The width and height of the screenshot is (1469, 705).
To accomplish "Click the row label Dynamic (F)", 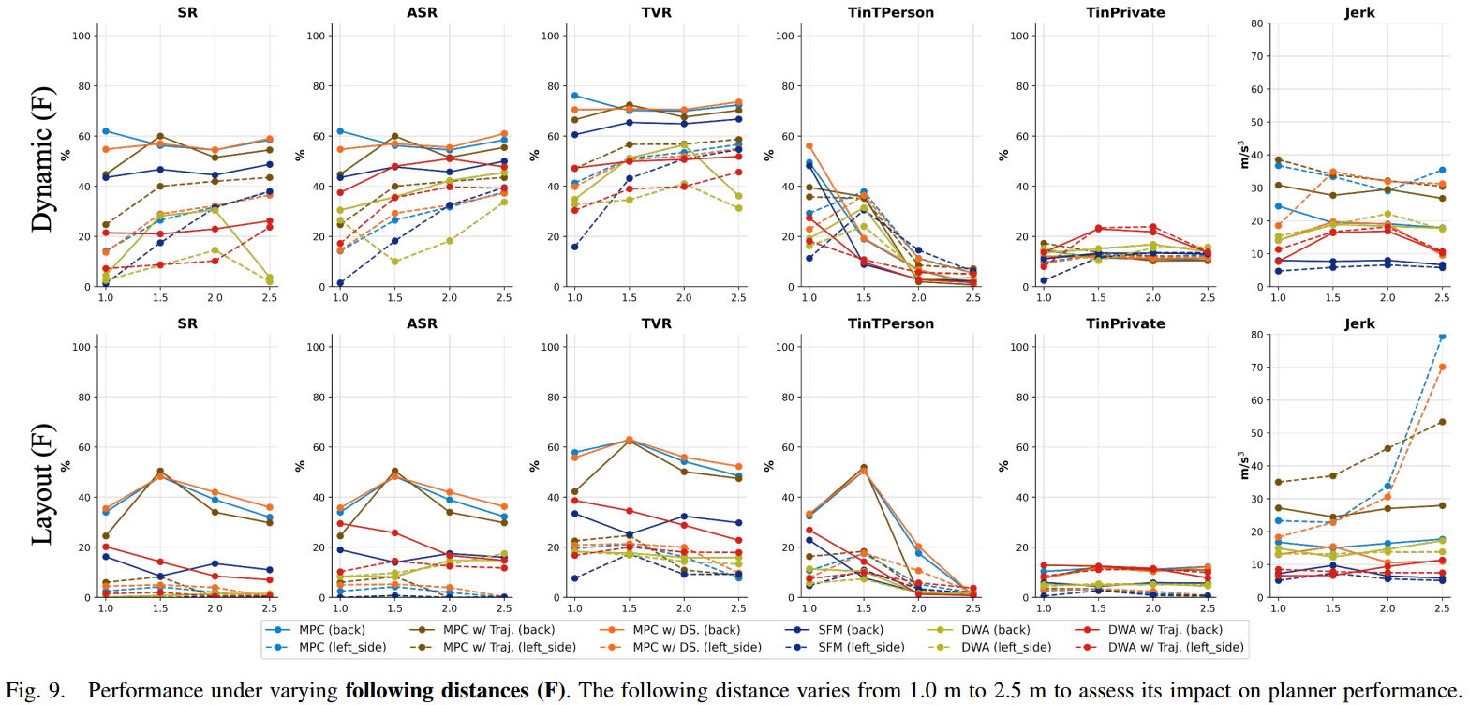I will pyautogui.click(x=41, y=158).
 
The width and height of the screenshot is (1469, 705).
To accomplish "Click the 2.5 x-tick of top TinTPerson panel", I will pyautogui.click(x=972, y=297).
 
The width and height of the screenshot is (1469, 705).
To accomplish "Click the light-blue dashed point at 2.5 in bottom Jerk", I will pyautogui.click(x=1443, y=336).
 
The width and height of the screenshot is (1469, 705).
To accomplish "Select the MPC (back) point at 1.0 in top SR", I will pyautogui.click(x=107, y=131).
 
